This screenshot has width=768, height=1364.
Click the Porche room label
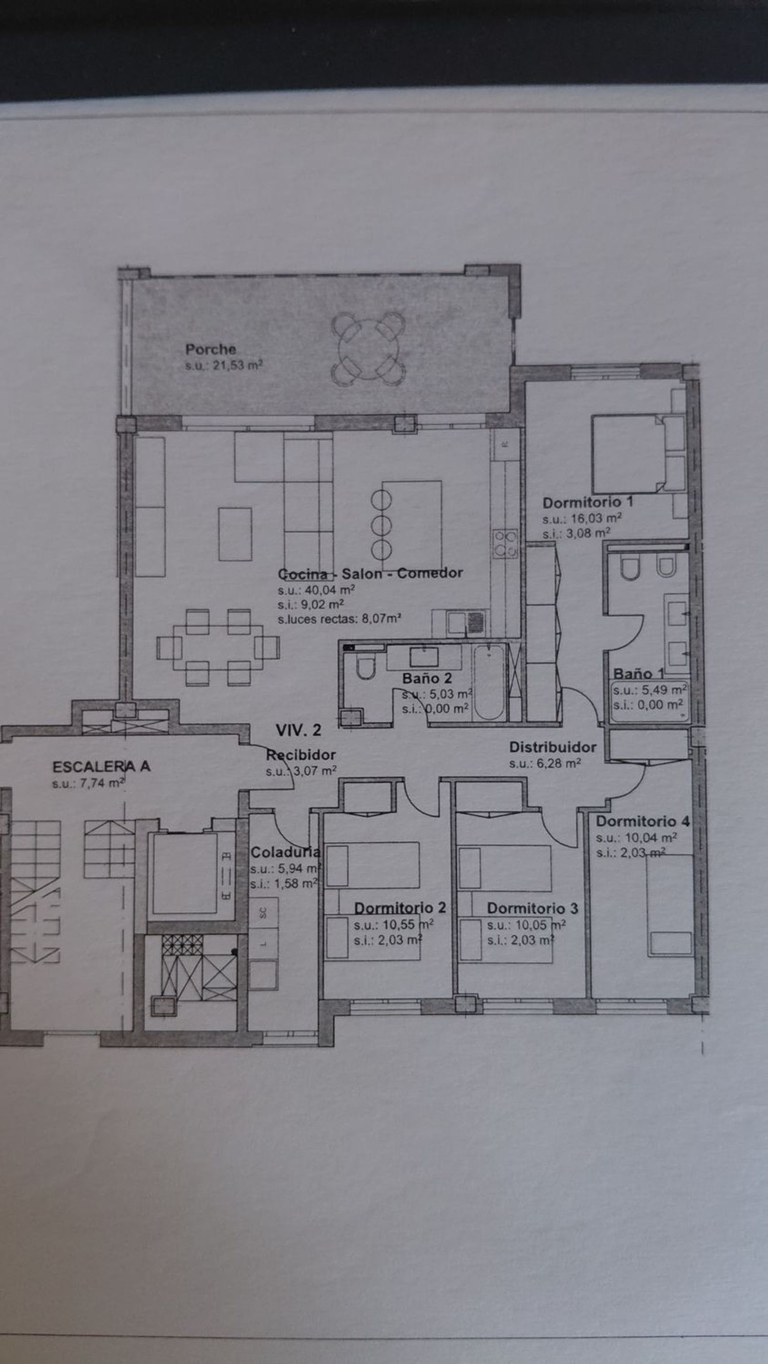tap(210, 349)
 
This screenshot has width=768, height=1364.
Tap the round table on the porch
tap(368, 349)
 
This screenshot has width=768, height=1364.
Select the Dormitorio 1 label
tap(588, 502)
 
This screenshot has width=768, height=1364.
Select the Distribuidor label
tap(553, 747)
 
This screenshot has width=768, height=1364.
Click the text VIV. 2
tap(298, 730)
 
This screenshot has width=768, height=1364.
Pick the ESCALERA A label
tap(101, 766)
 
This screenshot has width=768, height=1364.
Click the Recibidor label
tap(301, 755)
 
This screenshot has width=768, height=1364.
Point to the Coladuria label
tap(285, 852)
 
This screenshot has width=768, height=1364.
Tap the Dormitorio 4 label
tap(643, 821)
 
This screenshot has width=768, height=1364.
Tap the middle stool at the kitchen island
tap(381, 525)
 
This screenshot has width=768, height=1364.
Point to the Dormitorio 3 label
tap(532, 908)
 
